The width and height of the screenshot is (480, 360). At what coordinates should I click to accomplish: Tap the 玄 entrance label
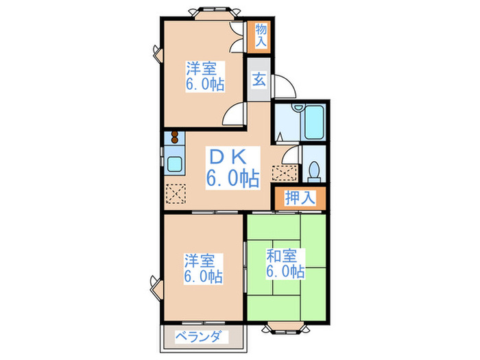tap(260, 79)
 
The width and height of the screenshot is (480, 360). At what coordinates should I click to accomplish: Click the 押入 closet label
tap(300, 198)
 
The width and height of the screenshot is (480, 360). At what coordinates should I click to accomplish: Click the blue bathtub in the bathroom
tap(317, 123)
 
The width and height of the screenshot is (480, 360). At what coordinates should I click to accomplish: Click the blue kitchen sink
tap(173, 165)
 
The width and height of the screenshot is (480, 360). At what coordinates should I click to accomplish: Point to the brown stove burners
tap(174, 136)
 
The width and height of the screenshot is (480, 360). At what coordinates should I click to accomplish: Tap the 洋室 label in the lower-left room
tap(199, 261)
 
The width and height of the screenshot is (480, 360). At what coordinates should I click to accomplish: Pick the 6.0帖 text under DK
tap(233, 180)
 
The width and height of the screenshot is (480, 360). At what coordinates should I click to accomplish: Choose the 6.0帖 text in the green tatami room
tap(286, 272)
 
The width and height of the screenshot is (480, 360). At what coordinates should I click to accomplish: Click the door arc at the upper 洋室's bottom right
tap(235, 114)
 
